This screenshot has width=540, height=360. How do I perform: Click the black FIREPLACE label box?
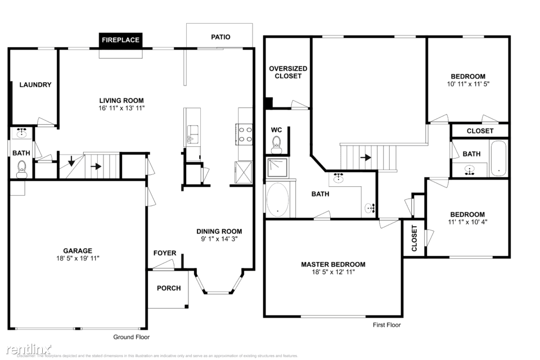tap(120, 40)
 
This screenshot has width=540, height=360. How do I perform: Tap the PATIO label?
tap(220, 37)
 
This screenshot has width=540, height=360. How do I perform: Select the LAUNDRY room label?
tap(35, 85)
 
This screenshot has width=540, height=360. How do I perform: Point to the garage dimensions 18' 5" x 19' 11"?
tap(77, 258)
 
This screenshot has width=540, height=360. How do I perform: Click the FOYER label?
tap(165, 253)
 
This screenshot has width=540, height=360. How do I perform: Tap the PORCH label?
tap(169, 288)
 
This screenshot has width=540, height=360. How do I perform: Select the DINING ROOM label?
tap(219, 231)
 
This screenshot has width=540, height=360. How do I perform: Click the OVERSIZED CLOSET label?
tap(288, 72)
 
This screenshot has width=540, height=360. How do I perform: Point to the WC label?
tap(276, 130)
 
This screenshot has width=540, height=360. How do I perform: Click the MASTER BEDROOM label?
tap(333, 264)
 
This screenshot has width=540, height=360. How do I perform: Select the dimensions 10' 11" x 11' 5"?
tap(467, 84)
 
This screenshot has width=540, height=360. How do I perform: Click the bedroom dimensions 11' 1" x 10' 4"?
tap(467, 222)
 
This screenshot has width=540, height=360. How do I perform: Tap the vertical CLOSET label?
tap(415, 238)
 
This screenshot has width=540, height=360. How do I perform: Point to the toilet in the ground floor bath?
tap(22, 168)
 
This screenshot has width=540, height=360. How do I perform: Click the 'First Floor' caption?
tap(386, 325)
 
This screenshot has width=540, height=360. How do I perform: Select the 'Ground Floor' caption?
tap(132, 337)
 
